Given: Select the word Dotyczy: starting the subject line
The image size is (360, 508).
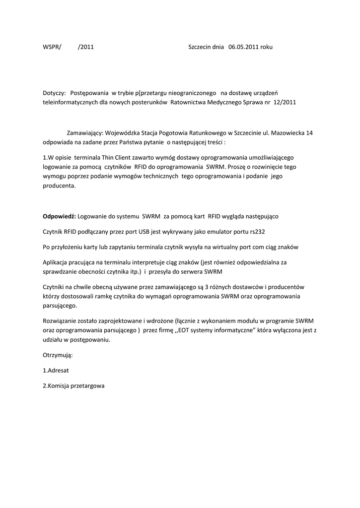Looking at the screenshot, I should pos(55,93).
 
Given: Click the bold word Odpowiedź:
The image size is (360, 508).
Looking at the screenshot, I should pos(59,217).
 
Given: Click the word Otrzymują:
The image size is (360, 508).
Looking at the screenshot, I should pos(58,355).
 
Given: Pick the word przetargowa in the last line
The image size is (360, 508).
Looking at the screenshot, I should pos(87,385).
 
